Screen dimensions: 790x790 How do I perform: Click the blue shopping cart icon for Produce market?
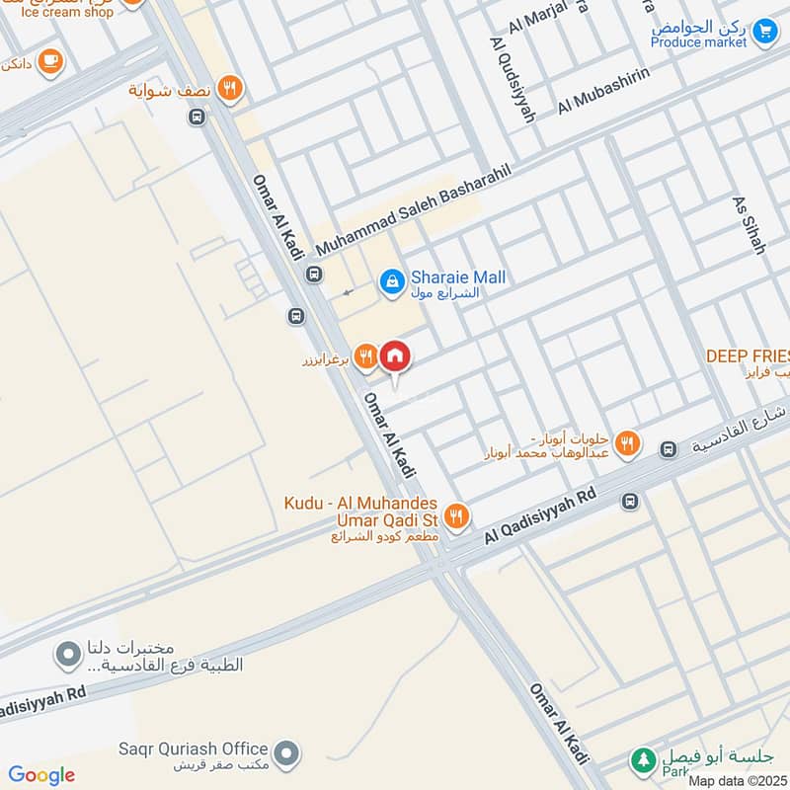pyautogui.click(x=763, y=32)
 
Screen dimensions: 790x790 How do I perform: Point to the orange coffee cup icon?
pyautogui.click(x=51, y=64)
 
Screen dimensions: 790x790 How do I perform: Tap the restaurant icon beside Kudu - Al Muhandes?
pyautogui.click(x=455, y=514)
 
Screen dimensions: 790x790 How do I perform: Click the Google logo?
pyautogui.click(x=41, y=775)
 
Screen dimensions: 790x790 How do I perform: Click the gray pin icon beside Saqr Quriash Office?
pyautogui.click(x=286, y=754)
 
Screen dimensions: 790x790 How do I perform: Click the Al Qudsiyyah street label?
pyautogui.click(x=512, y=80)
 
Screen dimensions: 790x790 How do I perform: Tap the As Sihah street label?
pyautogui.click(x=749, y=225)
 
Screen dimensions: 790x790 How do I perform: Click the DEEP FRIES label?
pyautogui.click(x=748, y=355)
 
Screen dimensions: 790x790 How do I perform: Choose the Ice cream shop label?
pyautogui.click(x=61, y=13)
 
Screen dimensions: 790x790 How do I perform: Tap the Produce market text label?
pyautogui.click(x=699, y=42)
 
